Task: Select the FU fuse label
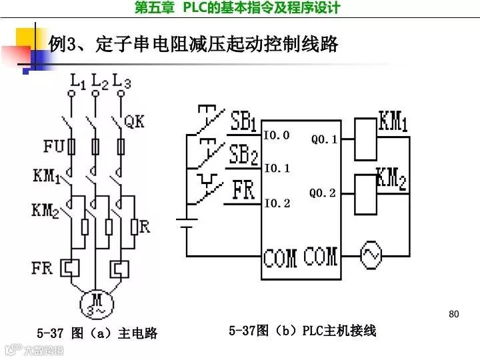(x=55, y=146)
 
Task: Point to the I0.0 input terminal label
(x=276, y=135)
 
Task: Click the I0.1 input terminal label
(x=276, y=169)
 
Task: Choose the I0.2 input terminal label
(x=276, y=203)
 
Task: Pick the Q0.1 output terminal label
(x=324, y=140)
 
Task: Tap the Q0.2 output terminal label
(x=323, y=193)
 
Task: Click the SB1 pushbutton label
(x=243, y=122)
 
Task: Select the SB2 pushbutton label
(x=243, y=156)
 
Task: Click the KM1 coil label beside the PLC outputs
(x=393, y=122)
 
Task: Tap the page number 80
(x=455, y=314)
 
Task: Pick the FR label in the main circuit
(x=41, y=268)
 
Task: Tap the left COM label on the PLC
(x=280, y=257)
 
